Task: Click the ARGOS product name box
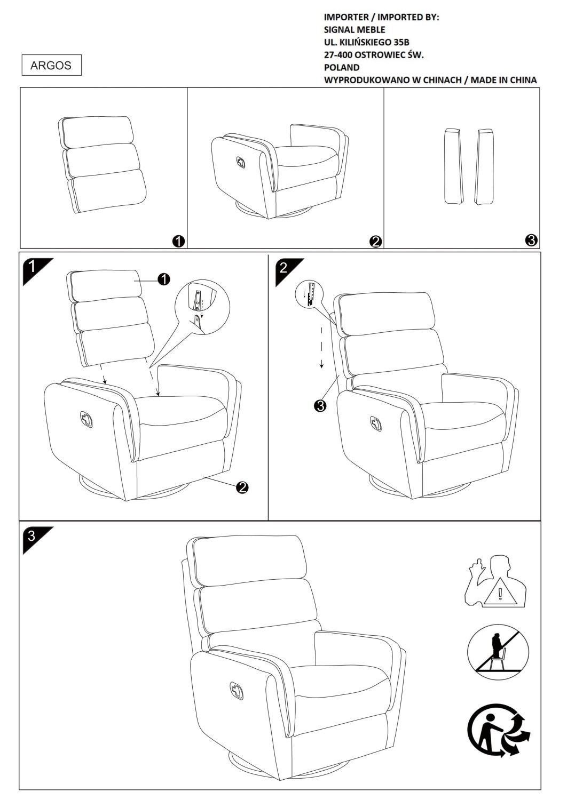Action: point(51,65)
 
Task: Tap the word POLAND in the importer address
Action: point(341,68)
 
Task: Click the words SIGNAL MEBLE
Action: point(355,30)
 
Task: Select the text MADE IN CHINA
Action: point(503,80)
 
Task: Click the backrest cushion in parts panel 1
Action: point(103,165)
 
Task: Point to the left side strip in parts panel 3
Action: point(453,166)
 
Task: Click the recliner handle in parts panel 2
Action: point(241,162)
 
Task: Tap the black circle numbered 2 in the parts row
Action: point(376,242)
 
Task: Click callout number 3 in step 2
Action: point(320,406)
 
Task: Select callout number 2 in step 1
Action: point(242,487)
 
